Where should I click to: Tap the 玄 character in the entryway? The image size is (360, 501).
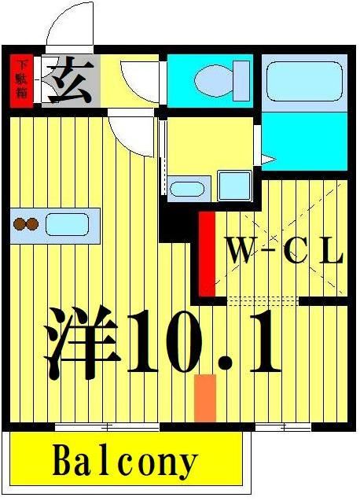[70, 79]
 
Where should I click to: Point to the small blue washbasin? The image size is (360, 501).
[186, 188]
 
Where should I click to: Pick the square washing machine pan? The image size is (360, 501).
[234, 186]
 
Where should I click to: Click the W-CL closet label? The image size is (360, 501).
[285, 252]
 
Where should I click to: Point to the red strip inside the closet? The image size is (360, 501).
[207, 252]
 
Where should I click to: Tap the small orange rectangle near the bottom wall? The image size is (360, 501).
[204, 397]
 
